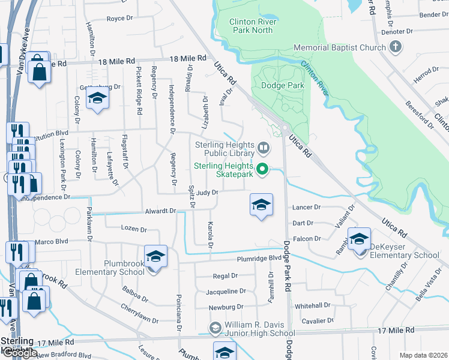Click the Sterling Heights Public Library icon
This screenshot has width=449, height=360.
(x=262, y=148)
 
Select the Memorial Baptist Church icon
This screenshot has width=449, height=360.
(x=395, y=47)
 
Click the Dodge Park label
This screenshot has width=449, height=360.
(x=282, y=85)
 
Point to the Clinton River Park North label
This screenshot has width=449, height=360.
(x=251, y=26)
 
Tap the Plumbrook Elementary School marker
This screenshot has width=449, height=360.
(x=155, y=256)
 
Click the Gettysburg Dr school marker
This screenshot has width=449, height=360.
(x=97, y=99)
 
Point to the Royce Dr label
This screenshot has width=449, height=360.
(x=119, y=19)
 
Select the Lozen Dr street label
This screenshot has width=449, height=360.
(x=134, y=229)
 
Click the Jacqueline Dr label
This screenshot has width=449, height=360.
(x=226, y=291)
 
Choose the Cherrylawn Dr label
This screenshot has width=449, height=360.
(x=138, y=320)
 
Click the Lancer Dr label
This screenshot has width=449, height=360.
(x=307, y=207)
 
